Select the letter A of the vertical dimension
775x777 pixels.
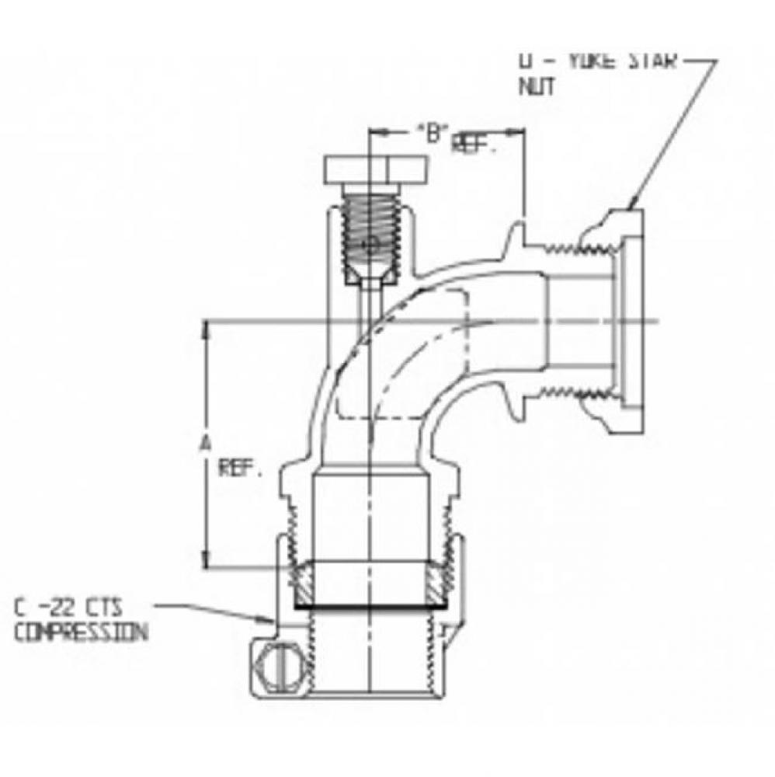pyautogui.click(x=205, y=444)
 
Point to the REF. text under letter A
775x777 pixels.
pyautogui.click(x=240, y=469)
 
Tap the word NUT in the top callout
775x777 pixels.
pyautogui.click(x=536, y=85)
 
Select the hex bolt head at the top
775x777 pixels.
pyautogui.click(x=377, y=169)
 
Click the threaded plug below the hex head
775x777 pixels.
pyautogui.click(x=375, y=229)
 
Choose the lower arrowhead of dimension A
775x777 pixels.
pyautogui.click(x=205, y=561)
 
